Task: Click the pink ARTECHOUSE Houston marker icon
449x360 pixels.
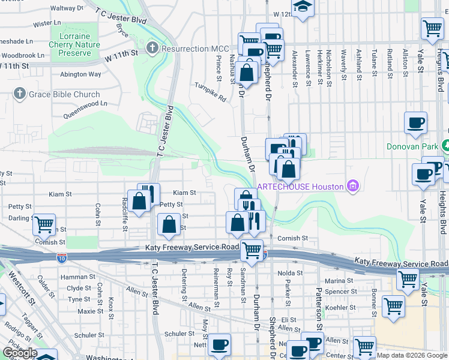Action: click(352, 186)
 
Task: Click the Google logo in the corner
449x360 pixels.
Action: click(20, 353)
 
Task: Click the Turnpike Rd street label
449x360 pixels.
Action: click(210, 92)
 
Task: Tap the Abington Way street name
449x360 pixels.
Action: click(80, 74)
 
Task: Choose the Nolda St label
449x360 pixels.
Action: click(291, 273)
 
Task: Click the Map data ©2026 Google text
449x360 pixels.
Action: click(412, 355)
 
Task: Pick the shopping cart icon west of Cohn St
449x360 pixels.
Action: click(44, 225)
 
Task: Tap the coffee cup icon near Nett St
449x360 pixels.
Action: click(219, 344)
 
